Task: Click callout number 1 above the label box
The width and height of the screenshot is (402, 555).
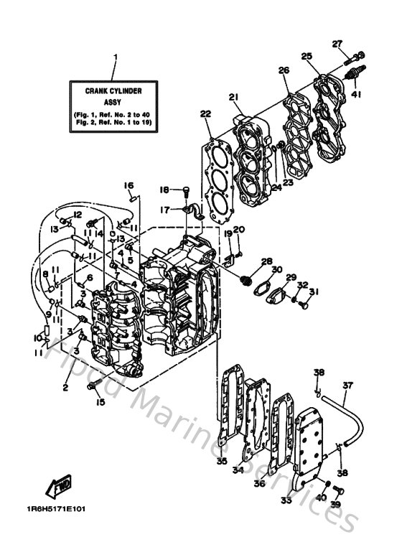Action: (115, 57)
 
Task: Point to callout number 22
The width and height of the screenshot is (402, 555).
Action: (205, 113)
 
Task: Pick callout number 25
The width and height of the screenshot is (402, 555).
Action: (307, 56)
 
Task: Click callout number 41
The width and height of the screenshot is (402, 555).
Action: (356, 93)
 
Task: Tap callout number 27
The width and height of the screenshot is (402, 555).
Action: (337, 44)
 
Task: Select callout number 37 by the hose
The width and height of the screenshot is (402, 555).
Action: (347, 386)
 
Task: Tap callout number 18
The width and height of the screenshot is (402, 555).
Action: (164, 190)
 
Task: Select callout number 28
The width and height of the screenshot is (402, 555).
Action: (266, 261)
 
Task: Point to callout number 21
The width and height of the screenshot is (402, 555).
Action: (233, 98)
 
